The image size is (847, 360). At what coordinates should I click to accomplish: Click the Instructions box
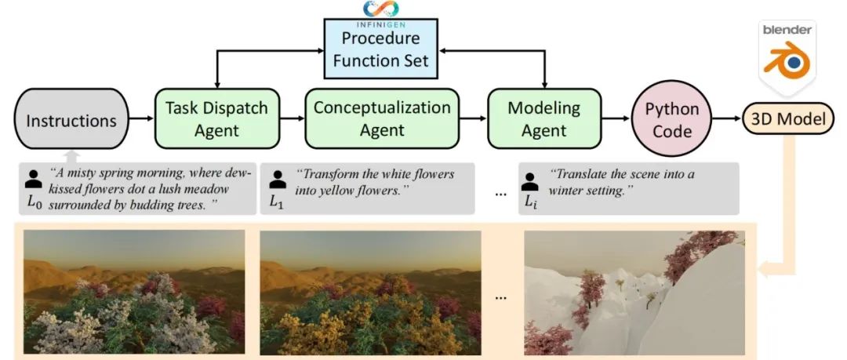point(71,121)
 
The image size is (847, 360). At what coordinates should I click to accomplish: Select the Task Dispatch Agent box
point(217,119)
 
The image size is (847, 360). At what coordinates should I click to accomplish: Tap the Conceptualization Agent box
point(382,119)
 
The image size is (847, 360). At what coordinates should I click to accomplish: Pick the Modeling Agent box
point(544,119)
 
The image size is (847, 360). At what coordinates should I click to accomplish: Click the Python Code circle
point(672,120)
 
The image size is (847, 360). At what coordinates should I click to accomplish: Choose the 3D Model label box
point(788,119)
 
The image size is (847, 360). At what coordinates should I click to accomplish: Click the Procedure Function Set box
point(380,49)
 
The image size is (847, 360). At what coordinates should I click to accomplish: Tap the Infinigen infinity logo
point(380,8)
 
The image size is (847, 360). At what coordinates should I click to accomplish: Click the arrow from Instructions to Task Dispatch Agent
point(142,120)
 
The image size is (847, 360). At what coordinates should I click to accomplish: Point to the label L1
point(276,202)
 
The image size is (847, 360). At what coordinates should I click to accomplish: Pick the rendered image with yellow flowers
point(369,293)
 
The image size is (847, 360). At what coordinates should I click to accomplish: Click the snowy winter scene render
point(634,293)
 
